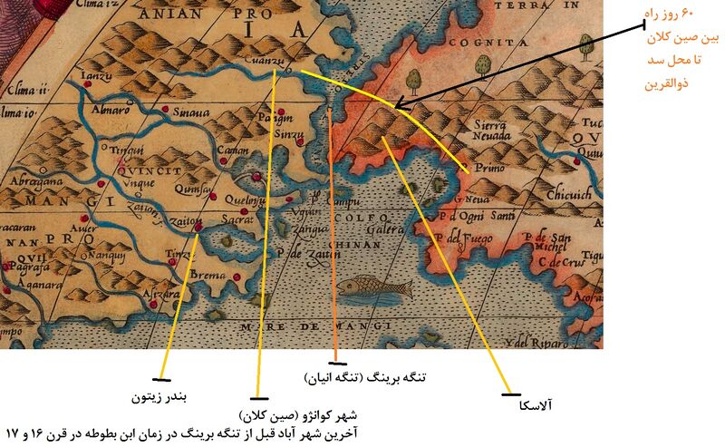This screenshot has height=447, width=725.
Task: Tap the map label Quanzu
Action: pos(263,59)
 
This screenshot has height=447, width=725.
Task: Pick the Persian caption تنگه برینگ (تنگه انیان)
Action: pos(368,374)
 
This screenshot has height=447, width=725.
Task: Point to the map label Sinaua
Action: pos(191,113)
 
